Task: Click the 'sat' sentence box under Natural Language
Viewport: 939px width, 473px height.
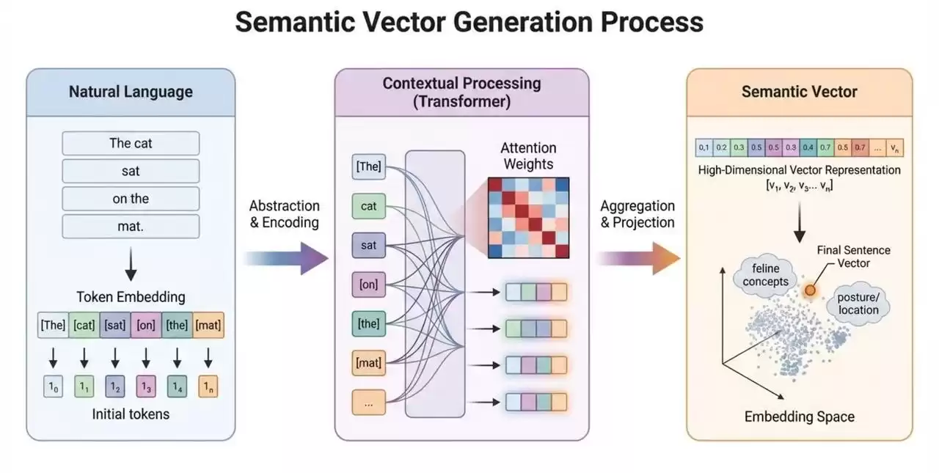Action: click(131, 171)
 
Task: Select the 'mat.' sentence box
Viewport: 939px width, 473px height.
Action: click(131, 227)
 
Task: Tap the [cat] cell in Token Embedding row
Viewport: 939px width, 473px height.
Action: click(84, 325)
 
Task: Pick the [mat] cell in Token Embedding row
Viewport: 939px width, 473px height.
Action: click(208, 325)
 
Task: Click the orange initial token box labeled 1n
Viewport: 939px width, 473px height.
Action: click(208, 386)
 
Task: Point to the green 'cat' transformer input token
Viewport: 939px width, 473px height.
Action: click(368, 206)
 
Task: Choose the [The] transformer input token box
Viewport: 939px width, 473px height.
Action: click(368, 166)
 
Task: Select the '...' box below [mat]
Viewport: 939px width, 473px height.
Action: click(368, 402)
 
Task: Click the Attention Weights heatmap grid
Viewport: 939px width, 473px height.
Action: click(529, 217)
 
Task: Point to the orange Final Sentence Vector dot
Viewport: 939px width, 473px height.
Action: click(810, 291)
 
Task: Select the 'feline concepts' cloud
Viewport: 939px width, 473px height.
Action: click(764, 276)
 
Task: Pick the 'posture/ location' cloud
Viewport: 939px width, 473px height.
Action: click(858, 304)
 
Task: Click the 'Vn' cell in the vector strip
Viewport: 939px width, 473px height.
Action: click(895, 148)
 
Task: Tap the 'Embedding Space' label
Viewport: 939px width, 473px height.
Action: click(799, 417)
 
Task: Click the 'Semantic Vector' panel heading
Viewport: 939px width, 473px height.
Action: click(799, 92)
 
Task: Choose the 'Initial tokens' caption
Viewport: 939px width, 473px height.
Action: click(131, 414)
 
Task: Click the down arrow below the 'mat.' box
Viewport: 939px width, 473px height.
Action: click(131, 264)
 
